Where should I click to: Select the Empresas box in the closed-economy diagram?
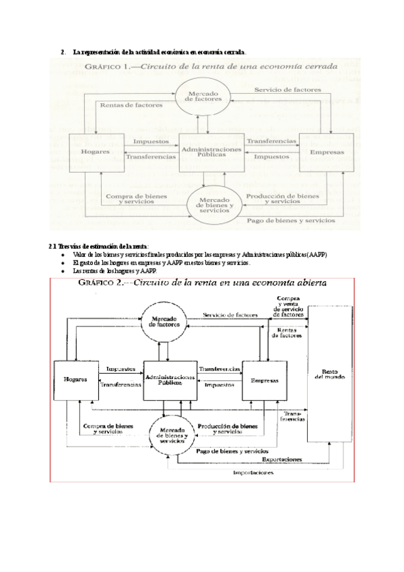coord(327,152)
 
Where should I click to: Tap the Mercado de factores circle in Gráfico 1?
coord(199,96)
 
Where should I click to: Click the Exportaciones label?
coord(281,459)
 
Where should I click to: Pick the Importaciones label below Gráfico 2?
coord(253,474)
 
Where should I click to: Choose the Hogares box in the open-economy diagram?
coord(75,380)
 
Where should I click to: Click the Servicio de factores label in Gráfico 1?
coord(288,90)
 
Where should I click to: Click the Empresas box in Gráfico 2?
coord(265,380)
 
